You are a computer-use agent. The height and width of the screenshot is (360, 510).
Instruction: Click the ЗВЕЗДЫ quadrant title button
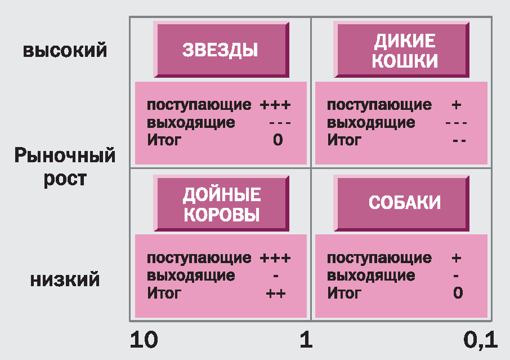221,50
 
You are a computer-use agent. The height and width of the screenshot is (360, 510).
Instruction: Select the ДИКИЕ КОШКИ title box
404,50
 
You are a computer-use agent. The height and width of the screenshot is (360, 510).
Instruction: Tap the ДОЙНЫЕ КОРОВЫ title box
221,205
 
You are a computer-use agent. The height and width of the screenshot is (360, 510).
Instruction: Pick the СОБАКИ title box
404,203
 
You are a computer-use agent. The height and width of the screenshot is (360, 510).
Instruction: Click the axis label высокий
65,50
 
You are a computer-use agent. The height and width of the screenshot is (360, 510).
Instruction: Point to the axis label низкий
65,279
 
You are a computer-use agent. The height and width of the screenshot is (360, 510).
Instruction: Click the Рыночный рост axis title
65,167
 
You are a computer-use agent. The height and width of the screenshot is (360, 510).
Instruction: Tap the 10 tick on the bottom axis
144,340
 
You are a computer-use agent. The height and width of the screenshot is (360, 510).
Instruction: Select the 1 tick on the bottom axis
306,340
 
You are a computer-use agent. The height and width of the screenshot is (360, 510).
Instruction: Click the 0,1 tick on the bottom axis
480,340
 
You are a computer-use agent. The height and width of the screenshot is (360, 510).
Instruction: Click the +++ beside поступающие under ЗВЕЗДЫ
275,105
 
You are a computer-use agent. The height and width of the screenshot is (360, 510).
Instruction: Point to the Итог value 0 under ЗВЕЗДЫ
278,140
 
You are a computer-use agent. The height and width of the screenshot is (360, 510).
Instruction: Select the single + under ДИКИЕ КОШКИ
457,105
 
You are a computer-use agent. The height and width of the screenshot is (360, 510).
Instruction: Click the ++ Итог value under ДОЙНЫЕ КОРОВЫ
276,293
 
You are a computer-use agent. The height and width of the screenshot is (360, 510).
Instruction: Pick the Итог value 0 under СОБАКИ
458,293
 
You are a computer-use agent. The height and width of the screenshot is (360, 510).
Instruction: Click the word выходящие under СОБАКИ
371,276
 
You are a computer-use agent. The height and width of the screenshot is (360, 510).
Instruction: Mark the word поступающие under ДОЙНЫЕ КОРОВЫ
199,259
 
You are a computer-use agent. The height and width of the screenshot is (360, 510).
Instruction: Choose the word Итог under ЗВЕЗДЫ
164,140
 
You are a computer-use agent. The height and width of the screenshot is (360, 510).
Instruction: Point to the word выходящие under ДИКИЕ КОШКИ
371,122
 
